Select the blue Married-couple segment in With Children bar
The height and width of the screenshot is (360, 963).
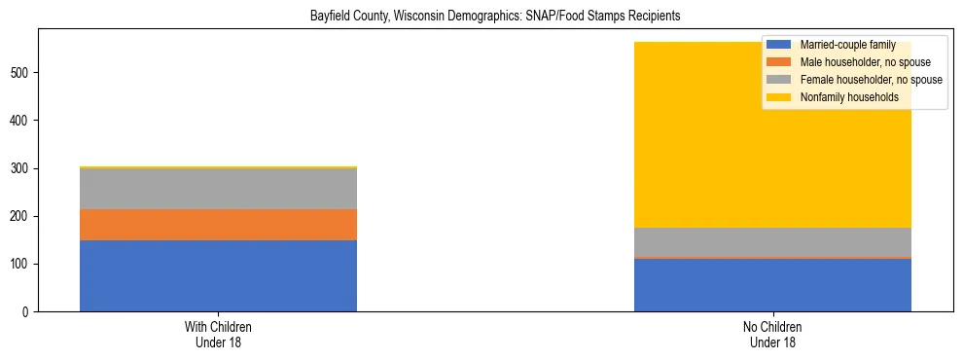(218, 275)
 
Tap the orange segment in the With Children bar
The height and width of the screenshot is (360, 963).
(218, 225)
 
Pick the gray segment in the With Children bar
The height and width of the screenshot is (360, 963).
(218, 189)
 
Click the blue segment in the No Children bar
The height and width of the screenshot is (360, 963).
(772, 285)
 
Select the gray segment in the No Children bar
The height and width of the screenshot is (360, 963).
(772, 242)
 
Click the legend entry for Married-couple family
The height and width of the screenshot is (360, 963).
(841, 45)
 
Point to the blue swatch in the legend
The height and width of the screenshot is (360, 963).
(778, 45)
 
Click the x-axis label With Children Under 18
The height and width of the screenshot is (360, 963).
(218, 334)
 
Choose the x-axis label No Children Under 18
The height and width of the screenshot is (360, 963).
(772, 334)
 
